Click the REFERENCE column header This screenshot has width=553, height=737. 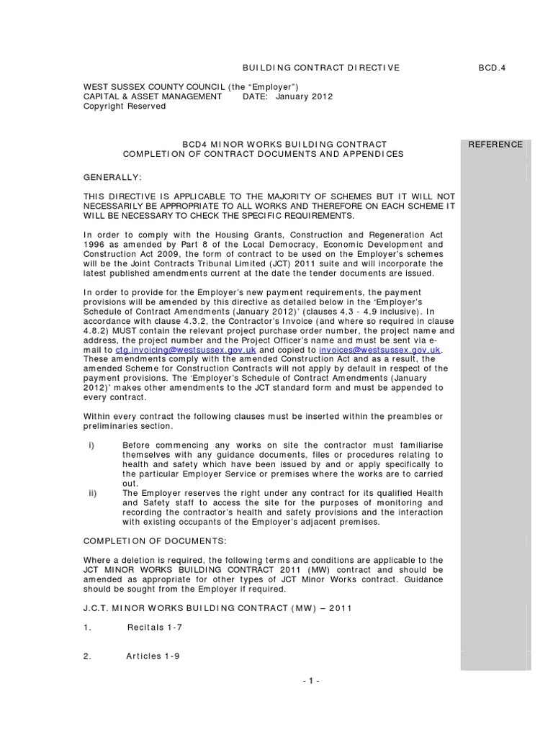[495, 145]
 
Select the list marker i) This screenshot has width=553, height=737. [91, 446]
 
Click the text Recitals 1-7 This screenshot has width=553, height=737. [155, 628]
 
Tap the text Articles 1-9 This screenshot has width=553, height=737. [153, 656]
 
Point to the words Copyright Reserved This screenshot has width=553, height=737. [125, 106]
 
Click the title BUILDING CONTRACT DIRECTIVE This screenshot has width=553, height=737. [320, 68]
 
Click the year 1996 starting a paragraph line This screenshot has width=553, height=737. [94, 244]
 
